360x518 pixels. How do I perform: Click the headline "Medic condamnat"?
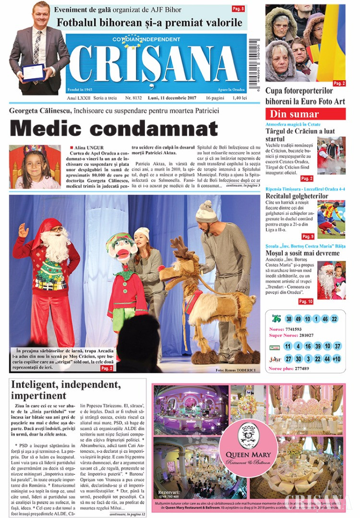click(x=114, y=128)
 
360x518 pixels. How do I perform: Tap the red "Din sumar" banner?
click(x=305, y=114)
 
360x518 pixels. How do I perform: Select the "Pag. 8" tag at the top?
click(x=238, y=9)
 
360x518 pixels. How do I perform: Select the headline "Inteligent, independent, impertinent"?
click(x=66, y=390)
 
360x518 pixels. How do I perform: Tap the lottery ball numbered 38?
click(x=289, y=318)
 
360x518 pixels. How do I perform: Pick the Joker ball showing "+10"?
click(x=336, y=358)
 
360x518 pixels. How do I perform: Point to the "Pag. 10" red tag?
click(x=306, y=301)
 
